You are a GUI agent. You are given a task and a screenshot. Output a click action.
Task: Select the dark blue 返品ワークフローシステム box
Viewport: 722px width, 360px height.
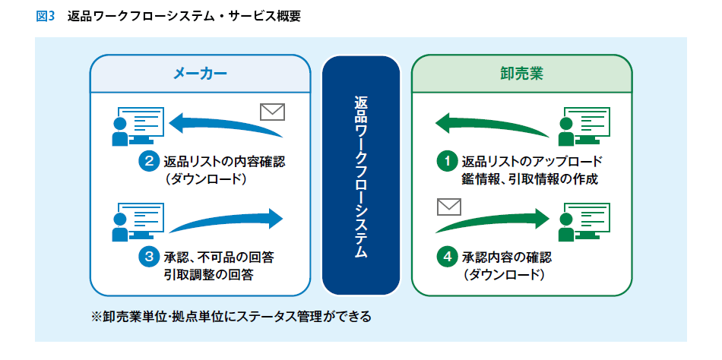tap(361, 175)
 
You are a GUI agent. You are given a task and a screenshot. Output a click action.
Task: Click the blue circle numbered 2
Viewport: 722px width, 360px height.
tap(150, 161)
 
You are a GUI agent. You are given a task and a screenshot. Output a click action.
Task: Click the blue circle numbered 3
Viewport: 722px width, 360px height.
tap(150, 257)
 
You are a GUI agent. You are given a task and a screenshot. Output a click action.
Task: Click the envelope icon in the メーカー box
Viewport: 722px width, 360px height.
tap(271, 112)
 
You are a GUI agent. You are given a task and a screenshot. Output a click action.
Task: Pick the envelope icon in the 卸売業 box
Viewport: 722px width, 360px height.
tap(449, 207)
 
